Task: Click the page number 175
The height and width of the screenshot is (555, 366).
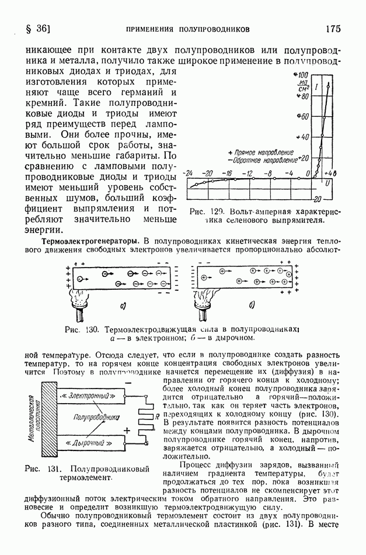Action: coord(333,28)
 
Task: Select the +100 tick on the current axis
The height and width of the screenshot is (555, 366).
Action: coord(304,75)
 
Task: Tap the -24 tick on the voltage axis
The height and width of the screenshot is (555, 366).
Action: coord(188,174)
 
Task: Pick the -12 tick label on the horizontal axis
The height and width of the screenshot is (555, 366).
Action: coord(248,174)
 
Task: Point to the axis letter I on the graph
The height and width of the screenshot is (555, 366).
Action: coord(316,88)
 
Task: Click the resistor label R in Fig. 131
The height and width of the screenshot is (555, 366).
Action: coord(156,416)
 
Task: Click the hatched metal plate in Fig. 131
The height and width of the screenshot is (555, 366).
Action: coord(46,419)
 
